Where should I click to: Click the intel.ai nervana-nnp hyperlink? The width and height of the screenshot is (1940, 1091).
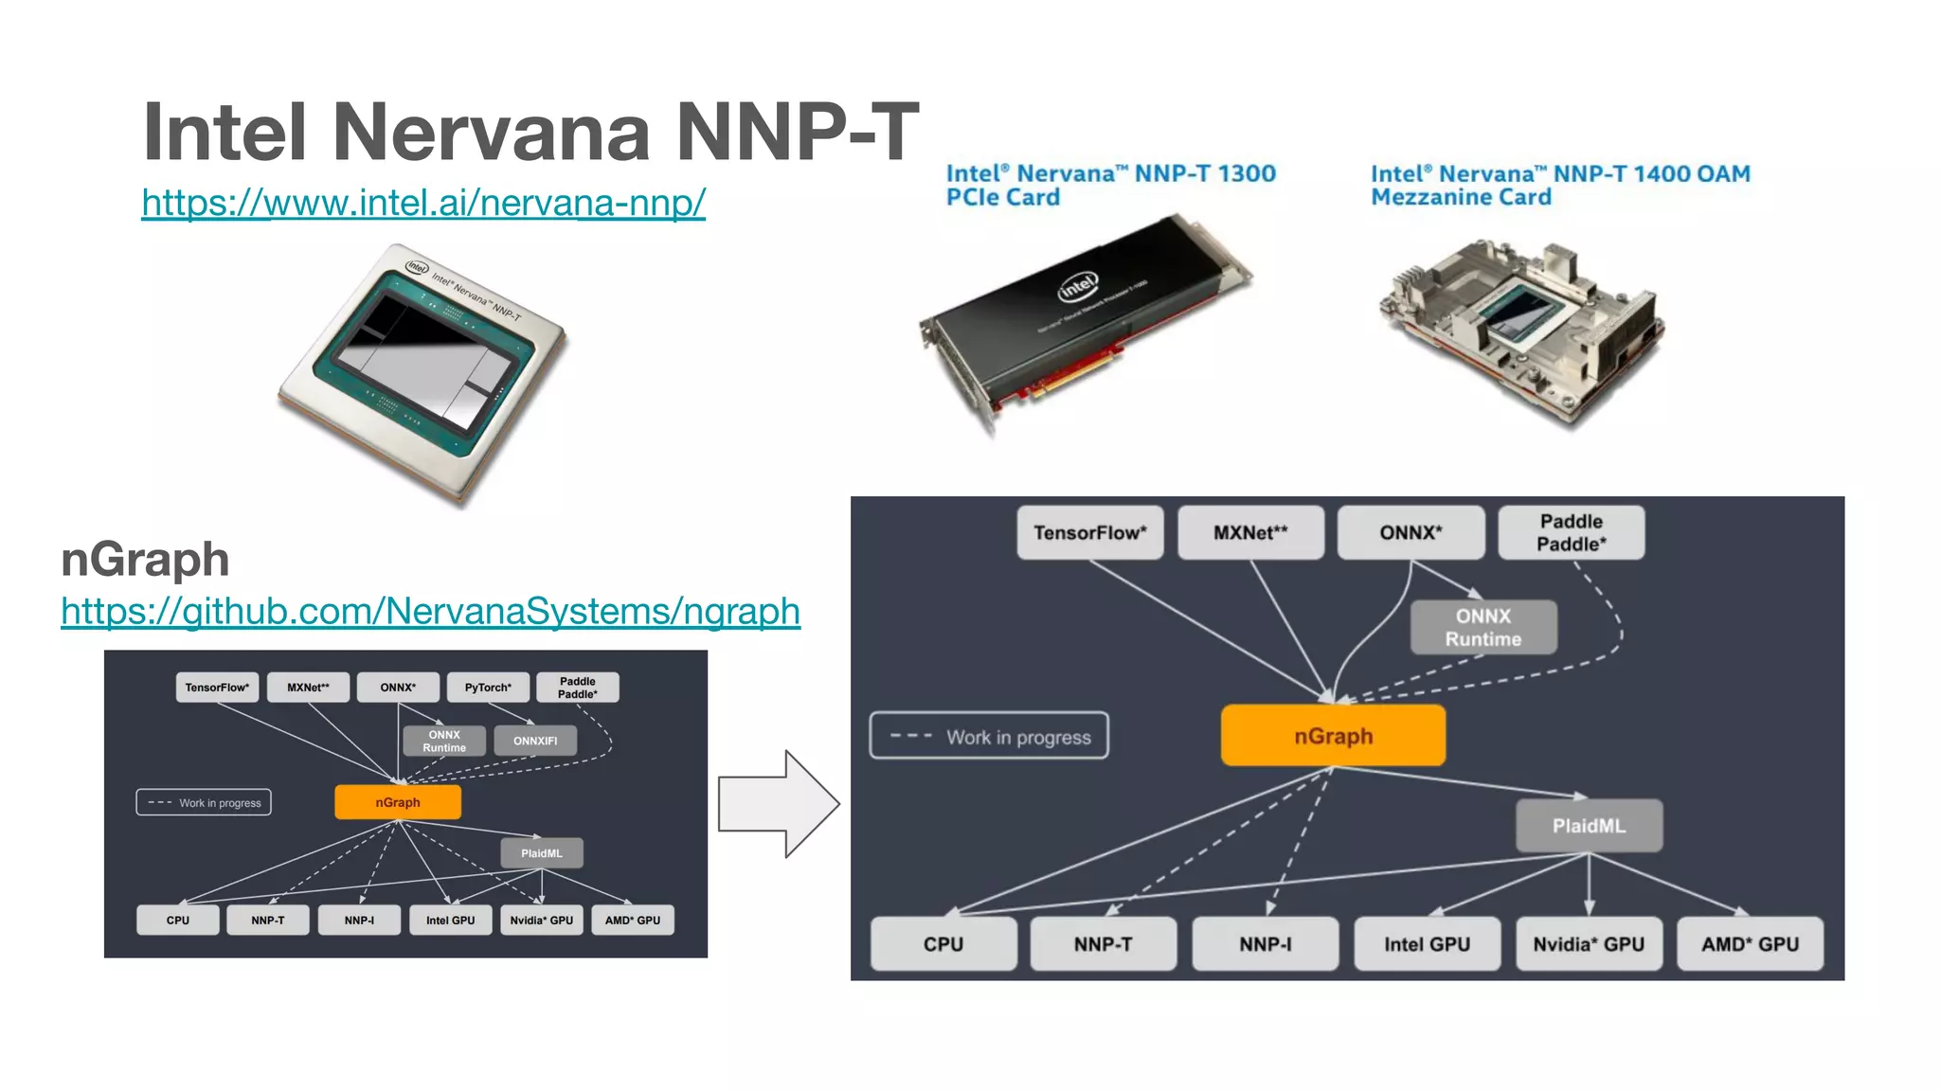click(423, 203)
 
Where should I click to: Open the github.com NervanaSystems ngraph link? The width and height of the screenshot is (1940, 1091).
click(430, 611)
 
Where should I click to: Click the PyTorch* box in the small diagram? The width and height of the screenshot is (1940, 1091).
click(488, 688)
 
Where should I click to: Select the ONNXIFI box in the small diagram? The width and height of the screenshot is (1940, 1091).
click(535, 741)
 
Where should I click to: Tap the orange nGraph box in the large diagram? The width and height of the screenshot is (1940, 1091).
click(1333, 736)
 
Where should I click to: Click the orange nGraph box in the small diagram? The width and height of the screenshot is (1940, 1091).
click(398, 802)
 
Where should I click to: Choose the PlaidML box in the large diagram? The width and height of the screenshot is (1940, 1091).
click(1589, 826)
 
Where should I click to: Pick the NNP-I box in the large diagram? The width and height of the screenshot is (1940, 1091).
click(1265, 944)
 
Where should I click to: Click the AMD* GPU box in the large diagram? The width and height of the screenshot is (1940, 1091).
click(1750, 944)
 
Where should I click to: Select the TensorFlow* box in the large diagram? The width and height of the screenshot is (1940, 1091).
click(1089, 533)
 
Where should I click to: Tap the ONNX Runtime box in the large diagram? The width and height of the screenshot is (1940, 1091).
click(1483, 628)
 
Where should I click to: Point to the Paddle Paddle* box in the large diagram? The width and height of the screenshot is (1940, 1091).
click(1571, 533)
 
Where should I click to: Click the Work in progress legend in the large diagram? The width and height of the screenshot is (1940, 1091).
click(989, 737)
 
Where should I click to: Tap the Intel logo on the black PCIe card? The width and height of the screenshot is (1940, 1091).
click(1078, 286)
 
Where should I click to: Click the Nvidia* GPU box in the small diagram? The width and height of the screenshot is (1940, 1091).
click(541, 921)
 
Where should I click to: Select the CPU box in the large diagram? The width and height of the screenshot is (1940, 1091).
click(943, 944)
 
